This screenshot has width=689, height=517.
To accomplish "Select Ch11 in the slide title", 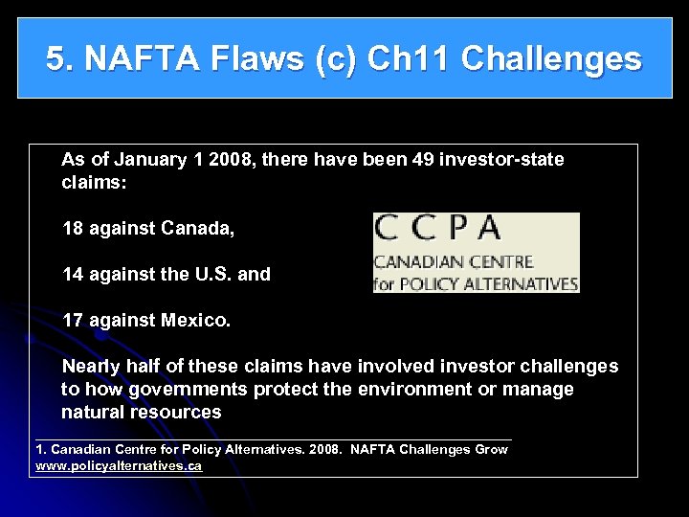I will tap(413, 59).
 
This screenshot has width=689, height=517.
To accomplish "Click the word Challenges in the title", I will tap(551, 59).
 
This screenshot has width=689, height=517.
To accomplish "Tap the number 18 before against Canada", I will tap(73, 229).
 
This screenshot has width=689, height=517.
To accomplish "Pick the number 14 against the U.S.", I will tap(73, 275).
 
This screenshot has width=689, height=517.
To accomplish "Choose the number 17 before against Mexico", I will tap(73, 321).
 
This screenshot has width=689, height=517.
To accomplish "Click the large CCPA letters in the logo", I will tap(439, 229).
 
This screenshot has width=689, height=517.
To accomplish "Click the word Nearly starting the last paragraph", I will tap(93, 367).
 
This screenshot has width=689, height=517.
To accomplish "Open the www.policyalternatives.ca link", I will tap(119, 465).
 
